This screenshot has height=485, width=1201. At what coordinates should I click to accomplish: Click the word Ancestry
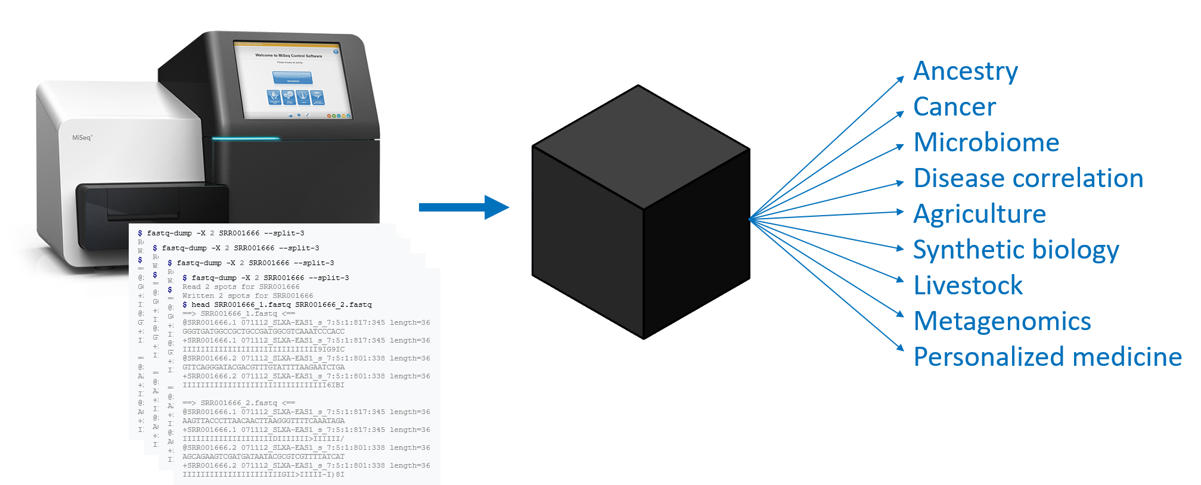[x=965, y=71]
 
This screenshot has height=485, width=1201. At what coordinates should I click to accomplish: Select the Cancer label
[x=954, y=107]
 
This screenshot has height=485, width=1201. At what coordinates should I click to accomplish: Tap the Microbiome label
[x=986, y=143]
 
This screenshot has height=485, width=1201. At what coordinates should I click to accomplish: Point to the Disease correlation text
[x=1028, y=179]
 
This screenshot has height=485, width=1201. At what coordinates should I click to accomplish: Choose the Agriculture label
[x=979, y=214]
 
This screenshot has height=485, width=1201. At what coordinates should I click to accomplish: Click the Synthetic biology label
[x=1016, y=250]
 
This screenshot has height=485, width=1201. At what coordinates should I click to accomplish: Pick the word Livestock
[x=968, y=286]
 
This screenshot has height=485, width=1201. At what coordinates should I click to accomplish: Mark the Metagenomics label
[x=1002, y=322]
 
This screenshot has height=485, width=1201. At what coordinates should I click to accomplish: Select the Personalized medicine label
[x=1047, y=357]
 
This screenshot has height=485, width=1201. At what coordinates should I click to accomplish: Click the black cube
[x=641, y=212]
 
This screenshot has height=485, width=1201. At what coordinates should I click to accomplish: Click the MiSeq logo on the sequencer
[x=82, y=138]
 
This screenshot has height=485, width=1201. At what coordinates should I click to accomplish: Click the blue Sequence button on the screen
[x=293, y=77]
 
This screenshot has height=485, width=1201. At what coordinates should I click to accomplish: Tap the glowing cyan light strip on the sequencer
[x=238, y=139]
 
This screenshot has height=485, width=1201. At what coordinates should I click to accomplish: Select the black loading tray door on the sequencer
[x=152, y=206]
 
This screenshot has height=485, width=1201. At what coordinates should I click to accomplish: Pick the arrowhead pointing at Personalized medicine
[x=900, y=347]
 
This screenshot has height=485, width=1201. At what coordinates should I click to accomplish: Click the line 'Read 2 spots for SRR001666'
[x=241, y=287]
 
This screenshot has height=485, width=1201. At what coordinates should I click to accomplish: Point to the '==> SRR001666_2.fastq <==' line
[x=238, y=403]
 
